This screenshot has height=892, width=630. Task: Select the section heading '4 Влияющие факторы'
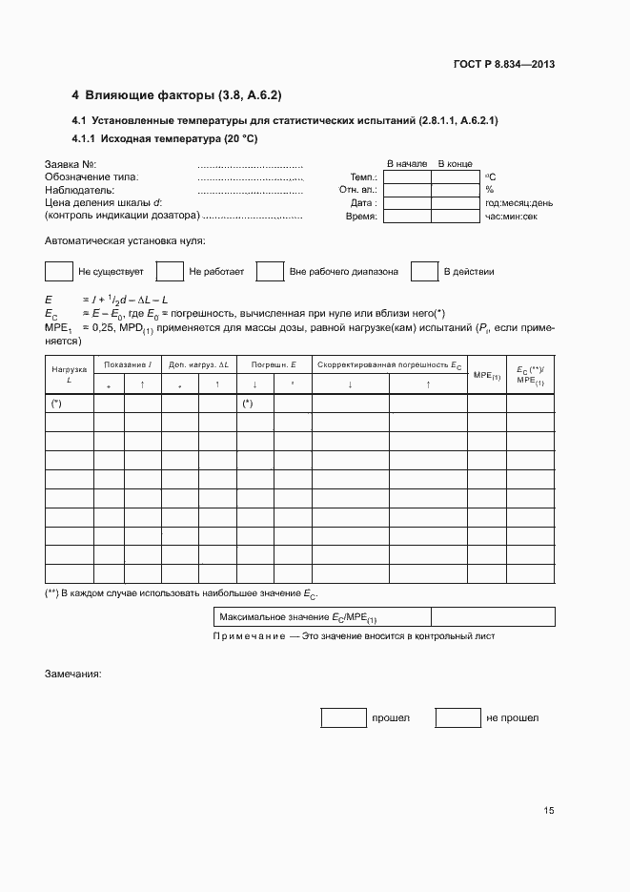click(x=176, y=95)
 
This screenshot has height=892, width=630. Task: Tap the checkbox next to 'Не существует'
click(x=59, y=272)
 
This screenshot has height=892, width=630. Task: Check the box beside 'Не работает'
click(x=170, y=272)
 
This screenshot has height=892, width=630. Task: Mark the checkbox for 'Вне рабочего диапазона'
click(x=271, y=272)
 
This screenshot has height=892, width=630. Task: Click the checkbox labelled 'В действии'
click(x=424, y=272)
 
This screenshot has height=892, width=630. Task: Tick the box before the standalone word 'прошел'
click(x=343, y=717)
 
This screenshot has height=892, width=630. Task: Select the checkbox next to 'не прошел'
click(x=457, y=717)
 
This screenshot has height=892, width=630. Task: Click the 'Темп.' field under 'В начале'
click(x=407, y=176)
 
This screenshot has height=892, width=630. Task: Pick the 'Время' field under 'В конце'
click(x=456, y=217)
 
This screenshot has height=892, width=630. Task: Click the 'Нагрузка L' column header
click(x=69, y=373)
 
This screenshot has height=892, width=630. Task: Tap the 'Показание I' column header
click(x=128, y=365)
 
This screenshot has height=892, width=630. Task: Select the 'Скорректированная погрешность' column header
click(x=389, y=365)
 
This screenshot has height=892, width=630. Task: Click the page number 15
click(x=548, y=811)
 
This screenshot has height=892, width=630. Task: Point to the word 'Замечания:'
click(x=73, y=674)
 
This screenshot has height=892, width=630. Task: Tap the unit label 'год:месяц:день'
click(x=518, y=203)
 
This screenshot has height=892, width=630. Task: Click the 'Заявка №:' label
click(x=71, y=164)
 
